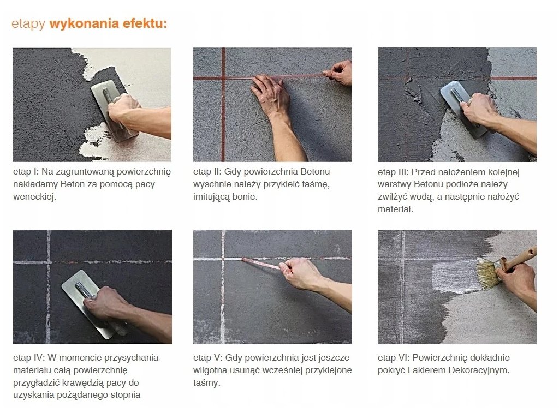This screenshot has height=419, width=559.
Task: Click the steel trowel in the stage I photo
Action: point(112,110)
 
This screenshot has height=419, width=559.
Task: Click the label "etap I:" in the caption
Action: point(26,172)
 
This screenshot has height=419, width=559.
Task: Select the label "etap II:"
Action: point(207,172)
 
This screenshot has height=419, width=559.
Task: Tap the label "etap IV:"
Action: point(29,358)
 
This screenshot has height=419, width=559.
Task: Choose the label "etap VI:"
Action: point(394,358)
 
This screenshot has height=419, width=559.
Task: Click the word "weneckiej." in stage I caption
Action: point(34,196)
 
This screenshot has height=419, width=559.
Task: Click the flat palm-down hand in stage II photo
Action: point(269,94)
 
